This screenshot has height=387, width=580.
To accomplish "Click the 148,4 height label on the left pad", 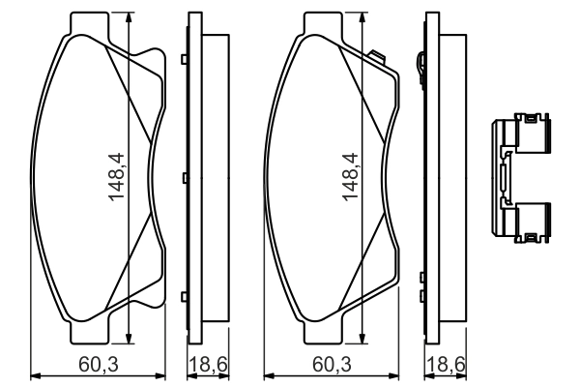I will [117, 175].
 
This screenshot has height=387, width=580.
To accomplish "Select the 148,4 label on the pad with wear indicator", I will [351, 175].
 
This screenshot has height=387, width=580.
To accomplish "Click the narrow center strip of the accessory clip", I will [504, 179].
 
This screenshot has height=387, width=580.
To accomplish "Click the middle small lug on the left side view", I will [184, 178].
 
